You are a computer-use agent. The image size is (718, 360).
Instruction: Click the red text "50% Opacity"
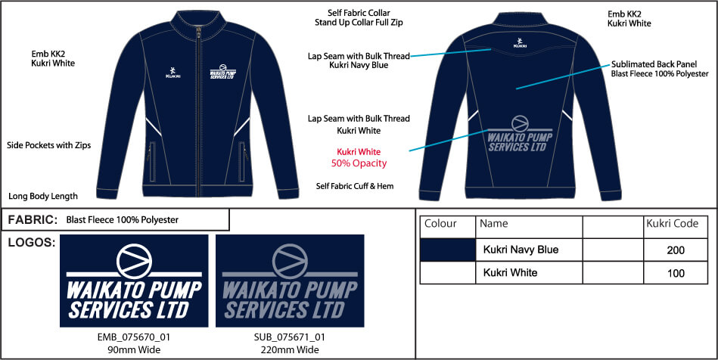click(x=359, y=163)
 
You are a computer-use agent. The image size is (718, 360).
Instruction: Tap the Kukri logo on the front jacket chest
click(x=173, y=73)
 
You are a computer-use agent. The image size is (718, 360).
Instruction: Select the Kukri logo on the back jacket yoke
click(x=520, y=42)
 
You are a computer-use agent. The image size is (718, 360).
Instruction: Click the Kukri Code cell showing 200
click(x=676, y=250)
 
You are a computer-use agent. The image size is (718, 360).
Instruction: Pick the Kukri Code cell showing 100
click(x=676, y=273)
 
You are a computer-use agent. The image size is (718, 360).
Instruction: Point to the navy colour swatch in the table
click(x=448, y=250)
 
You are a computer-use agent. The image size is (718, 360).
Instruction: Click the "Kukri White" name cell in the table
click(x=529, y=273)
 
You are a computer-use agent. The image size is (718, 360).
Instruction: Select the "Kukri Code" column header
click(x=672, y=224)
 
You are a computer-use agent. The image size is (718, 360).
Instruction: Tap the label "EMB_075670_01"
click(x=134, y=337)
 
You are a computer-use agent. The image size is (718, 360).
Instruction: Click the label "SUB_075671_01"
click(x=290, y=337)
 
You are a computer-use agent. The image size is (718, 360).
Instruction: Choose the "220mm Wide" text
click(x=290, y=350)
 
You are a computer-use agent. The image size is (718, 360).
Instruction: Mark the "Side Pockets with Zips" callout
click(x=49, y=145)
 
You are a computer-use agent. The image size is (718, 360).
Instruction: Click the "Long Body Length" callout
click(x=43, y=197)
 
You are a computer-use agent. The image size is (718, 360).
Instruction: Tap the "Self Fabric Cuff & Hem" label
click(x=355, y=186)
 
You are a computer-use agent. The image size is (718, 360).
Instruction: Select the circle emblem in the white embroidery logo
click(x=134, y=262)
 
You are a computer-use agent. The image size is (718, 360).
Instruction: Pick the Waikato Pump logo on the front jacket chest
click(x=222, y=71)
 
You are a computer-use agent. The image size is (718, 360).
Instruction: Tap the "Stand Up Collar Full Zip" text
click(x=359, y=23)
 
